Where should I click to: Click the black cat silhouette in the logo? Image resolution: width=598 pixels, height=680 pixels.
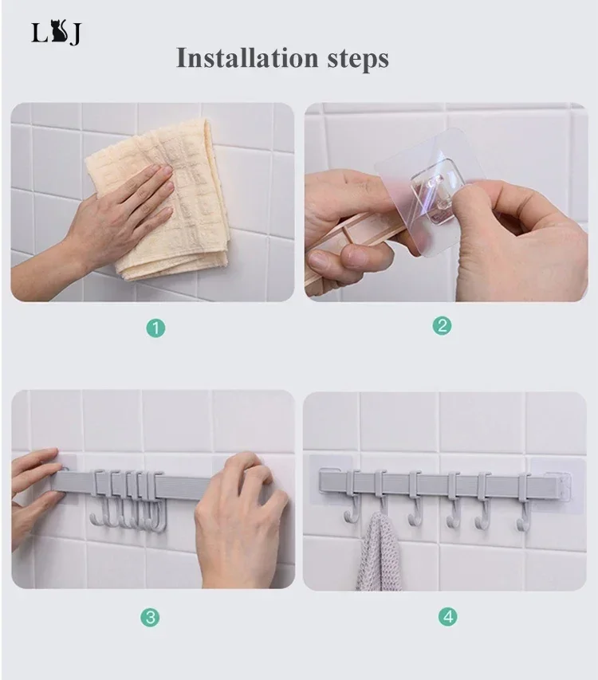point(59,32)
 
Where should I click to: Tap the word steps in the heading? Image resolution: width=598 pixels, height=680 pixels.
point(358,59)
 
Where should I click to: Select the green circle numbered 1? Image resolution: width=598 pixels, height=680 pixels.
point(155,328)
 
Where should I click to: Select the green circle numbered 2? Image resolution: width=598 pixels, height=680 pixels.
point(442,325)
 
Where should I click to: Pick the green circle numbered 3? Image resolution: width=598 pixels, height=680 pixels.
point(150,617)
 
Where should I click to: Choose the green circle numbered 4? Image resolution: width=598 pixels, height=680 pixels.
point(448,616)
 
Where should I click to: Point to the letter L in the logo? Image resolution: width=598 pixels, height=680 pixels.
point(39,33)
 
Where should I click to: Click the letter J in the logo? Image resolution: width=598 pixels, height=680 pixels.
point(75,35)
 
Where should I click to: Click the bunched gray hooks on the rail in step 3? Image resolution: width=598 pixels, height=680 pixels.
point(128,499)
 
